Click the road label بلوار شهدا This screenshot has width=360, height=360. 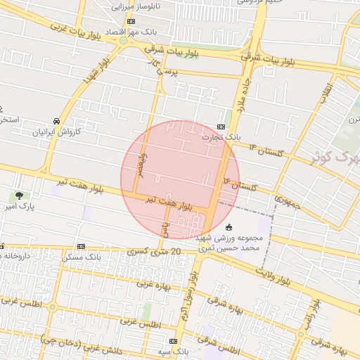click(97, 68)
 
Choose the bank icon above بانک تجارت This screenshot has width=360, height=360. click(221, 127)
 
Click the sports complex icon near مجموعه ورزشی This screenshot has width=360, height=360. click(229, 226)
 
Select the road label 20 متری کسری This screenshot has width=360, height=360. click(155, 251)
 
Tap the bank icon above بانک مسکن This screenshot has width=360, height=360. click(82, 247)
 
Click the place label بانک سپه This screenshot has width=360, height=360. click(174, 350)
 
